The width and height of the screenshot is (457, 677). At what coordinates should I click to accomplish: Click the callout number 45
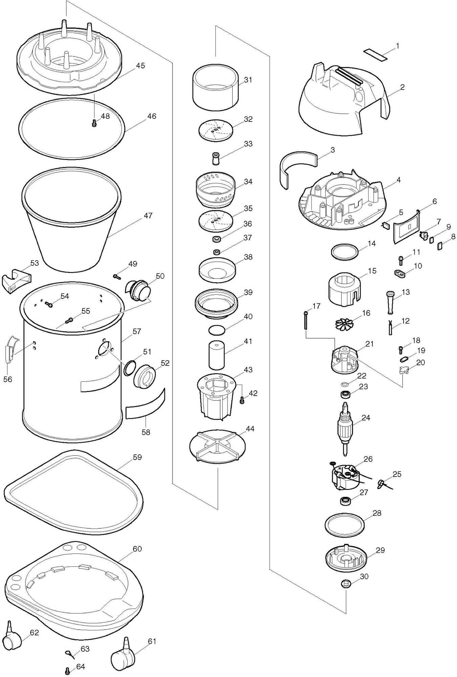[140, 66]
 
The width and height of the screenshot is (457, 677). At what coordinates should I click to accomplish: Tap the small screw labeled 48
[94, 124]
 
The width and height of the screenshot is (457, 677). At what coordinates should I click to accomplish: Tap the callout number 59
[137, 457]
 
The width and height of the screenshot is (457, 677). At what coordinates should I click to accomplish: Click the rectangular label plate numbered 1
[375, 55]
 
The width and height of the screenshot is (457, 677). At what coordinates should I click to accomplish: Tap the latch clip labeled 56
[10, 349]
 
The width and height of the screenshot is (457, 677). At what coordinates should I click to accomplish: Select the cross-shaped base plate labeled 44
[217, 446]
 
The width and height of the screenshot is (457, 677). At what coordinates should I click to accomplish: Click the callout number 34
[248, 182]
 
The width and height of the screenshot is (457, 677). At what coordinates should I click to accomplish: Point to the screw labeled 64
[67, 670]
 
